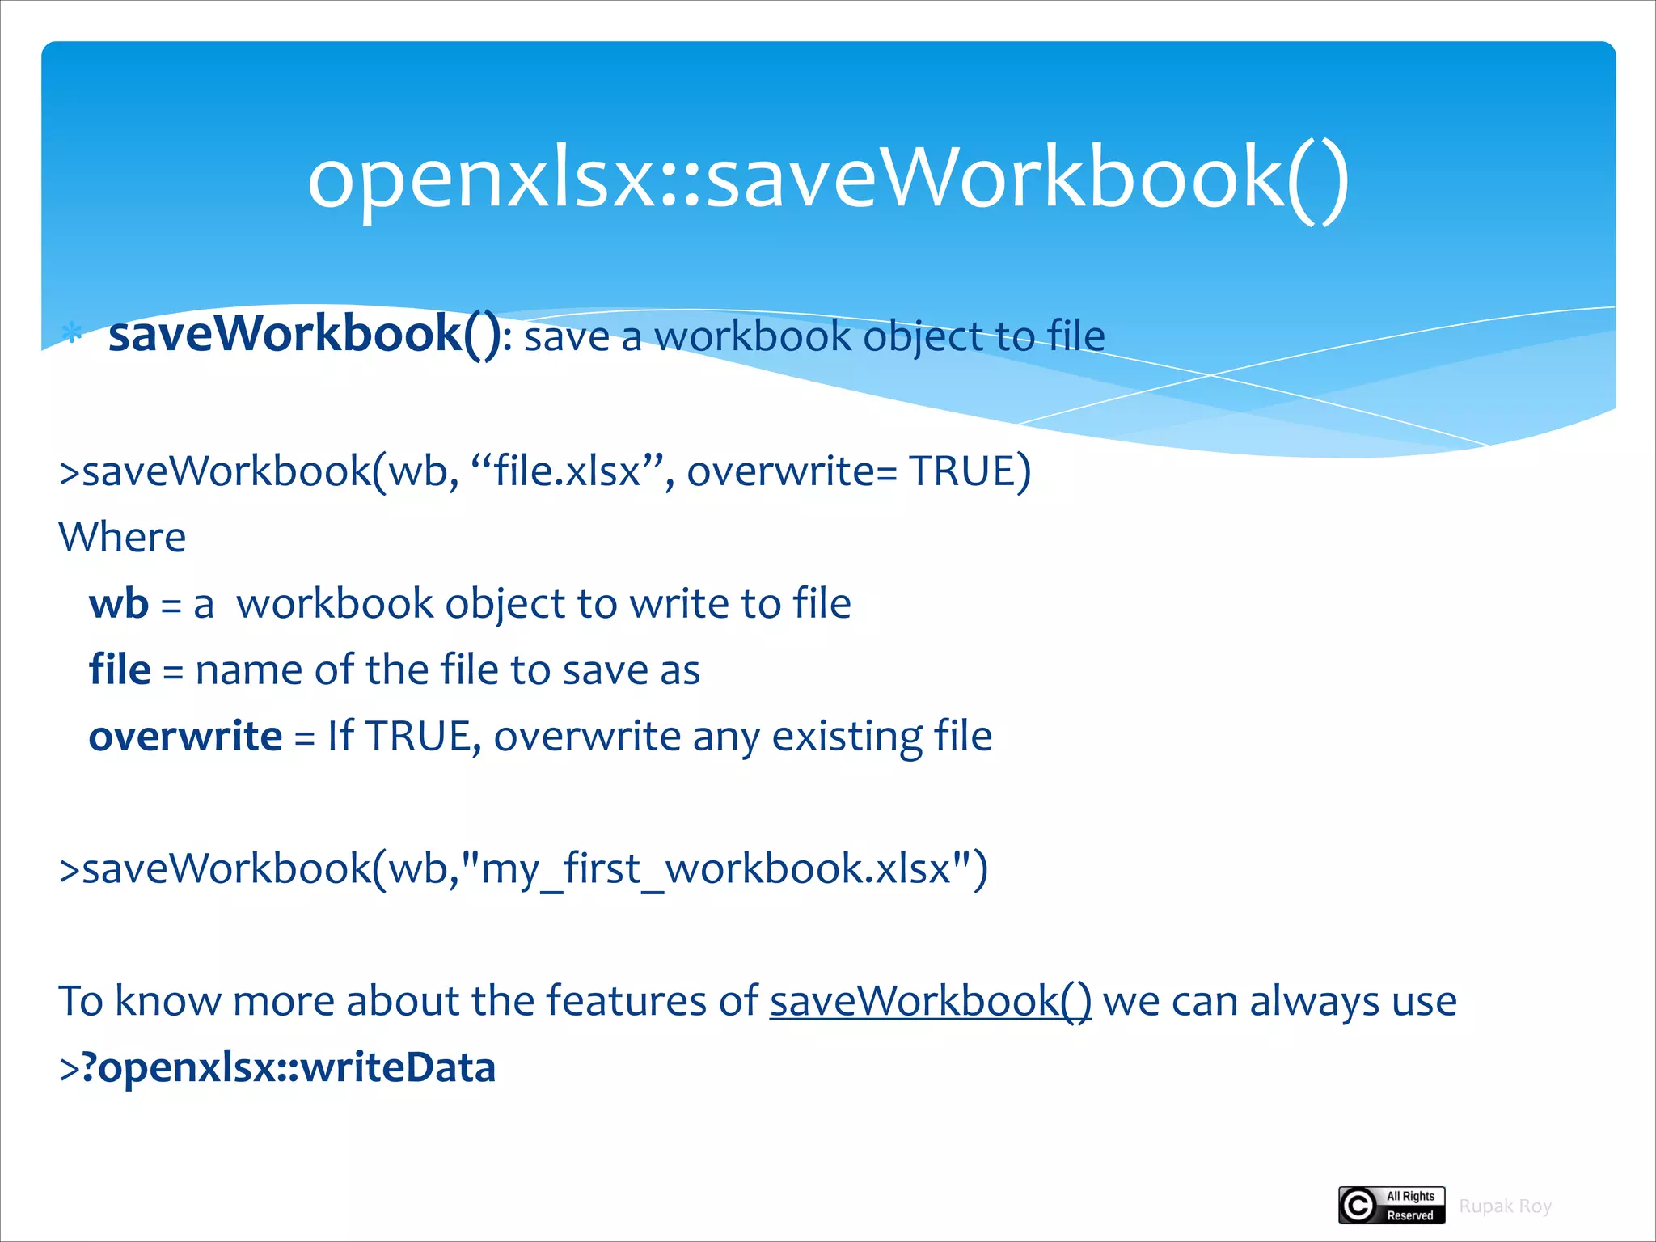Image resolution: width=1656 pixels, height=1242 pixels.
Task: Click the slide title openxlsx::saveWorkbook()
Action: click(x=828, y=178)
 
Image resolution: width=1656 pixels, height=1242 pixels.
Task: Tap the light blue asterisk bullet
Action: click(x=72, y=333)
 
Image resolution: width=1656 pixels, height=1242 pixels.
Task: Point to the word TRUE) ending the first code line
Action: click(x=970, y=471)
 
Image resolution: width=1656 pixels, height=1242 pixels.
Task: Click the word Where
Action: click(x=122, y=538)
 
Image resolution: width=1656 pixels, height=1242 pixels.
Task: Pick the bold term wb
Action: click(x=119, y=604)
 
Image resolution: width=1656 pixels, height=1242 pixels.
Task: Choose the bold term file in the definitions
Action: click(x=120, y=670)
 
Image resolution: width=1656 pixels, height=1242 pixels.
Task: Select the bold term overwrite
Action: click(x=185, y=737)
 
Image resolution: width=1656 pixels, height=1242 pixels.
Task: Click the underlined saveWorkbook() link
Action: click(x=930, y=1001)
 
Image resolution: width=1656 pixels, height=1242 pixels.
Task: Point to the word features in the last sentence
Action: click(x=627, y=1001)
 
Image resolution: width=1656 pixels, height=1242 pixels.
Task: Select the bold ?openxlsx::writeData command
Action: click(x=288, y=1067)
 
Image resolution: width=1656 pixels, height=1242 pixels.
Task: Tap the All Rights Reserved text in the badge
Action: click(x=1410, y=1206)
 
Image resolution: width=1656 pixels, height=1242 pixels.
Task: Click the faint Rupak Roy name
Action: click(x=1505, y=1206)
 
